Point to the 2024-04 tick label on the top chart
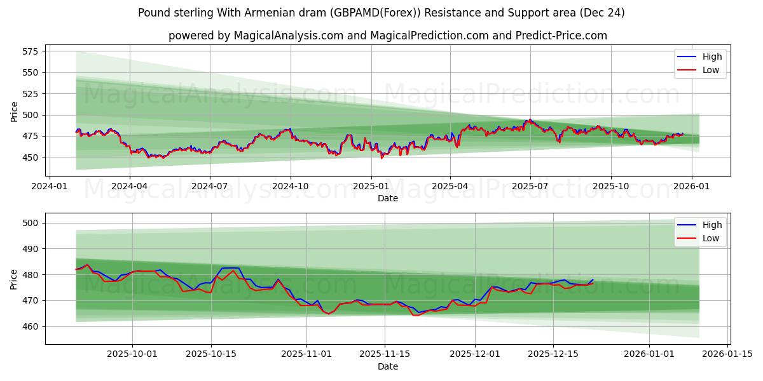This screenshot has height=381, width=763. [130, 186]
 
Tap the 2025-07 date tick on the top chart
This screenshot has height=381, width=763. [530, 186]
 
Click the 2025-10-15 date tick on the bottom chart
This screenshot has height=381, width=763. [212, 354]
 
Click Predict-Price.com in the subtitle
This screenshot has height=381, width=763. [561, 36]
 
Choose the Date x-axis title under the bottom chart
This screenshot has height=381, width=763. [387, 366]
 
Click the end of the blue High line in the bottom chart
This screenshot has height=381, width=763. [593, 279]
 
